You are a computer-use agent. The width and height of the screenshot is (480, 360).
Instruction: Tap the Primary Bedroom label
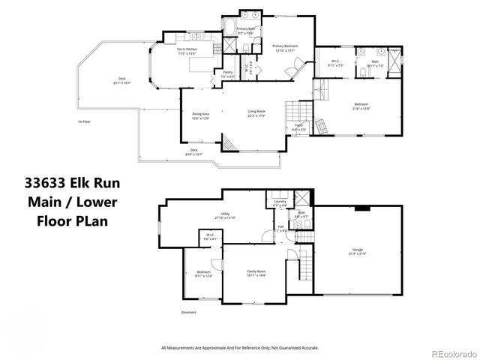pyautogui.click(x=286, y=47)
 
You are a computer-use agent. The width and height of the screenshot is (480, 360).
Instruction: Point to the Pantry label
pyautogui.click(x=227, y=74)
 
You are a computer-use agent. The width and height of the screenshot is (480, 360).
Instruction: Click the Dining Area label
pyautogui.click(x=200, y=115)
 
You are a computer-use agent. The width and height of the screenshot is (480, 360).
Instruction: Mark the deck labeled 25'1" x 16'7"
pyautogui.click(x=121, y=80)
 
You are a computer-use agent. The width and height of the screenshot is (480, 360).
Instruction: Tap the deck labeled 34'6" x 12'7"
pyautogui.click(x=193, y=151)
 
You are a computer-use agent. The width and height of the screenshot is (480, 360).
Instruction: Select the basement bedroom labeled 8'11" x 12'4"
pyautogui.click(x=204, y=273)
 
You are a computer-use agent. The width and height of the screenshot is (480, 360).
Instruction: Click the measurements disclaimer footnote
pyautogui.click(x=239, y=348)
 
